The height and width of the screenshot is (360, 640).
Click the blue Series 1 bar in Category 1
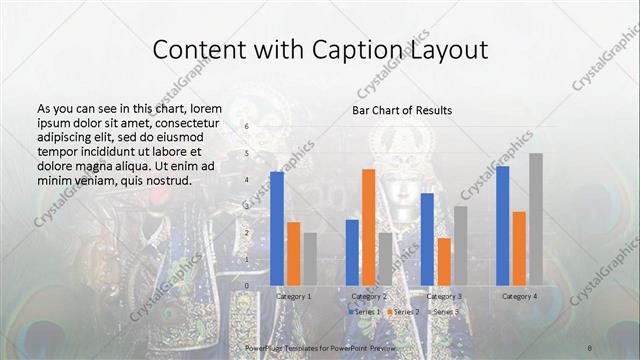pos(277,229)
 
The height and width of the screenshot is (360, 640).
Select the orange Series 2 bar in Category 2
pos(368,227)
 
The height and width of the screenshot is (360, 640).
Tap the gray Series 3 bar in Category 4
pos(536,219)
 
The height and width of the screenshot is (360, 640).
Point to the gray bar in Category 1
pos(310,259)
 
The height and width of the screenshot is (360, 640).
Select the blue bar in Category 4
pos(502,226)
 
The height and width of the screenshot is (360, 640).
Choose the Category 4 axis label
pos(519,297)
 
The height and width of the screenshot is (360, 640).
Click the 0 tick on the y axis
pos(246,286)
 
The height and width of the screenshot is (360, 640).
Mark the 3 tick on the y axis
pos(246,207)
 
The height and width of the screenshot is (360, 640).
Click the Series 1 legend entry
pos(365,312)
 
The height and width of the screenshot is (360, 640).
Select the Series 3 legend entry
pos(444,312)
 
